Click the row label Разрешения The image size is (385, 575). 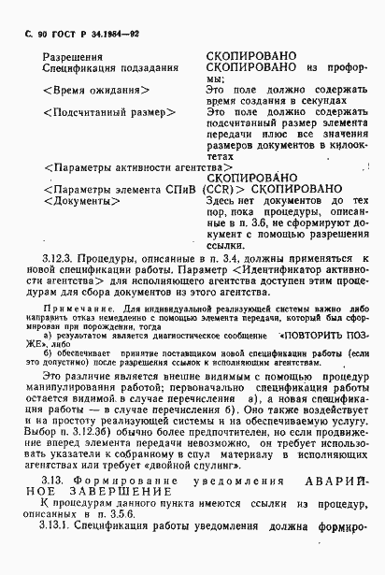point(72,57)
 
